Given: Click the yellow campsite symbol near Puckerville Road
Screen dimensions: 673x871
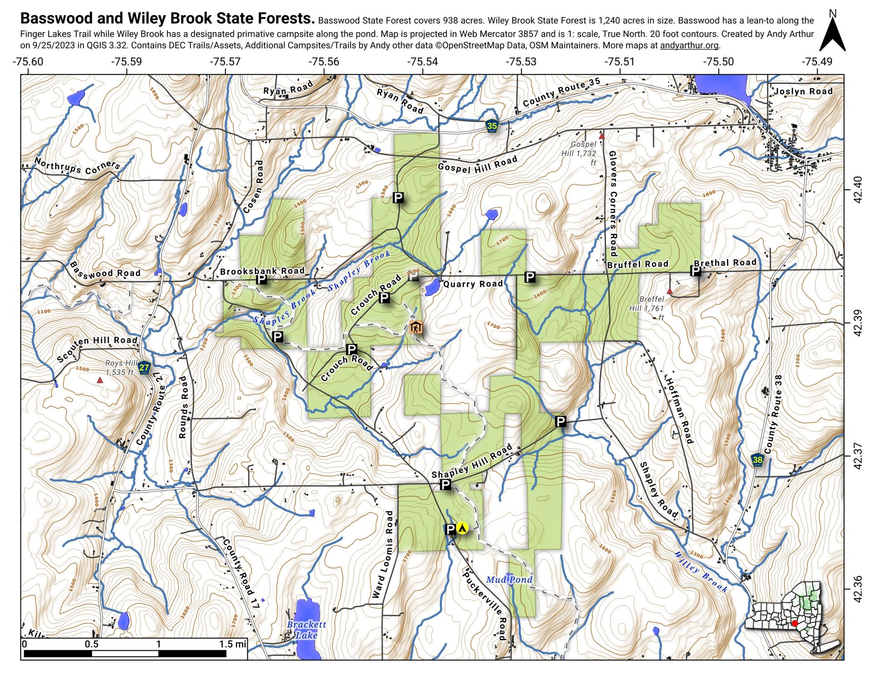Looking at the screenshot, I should [462, 528].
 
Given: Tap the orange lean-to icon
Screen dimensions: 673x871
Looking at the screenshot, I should [416, 327].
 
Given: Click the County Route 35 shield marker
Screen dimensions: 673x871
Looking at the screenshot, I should [492, 126].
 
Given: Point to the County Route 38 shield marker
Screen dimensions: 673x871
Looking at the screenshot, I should [757, 460].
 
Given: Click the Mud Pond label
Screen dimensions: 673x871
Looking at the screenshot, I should [509, 580].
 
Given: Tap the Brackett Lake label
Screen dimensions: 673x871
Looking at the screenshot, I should [306, 630].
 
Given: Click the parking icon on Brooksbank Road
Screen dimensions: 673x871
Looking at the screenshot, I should [261, 279].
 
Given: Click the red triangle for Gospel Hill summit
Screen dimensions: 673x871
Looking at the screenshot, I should [602, 136].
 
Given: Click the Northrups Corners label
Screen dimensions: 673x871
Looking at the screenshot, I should [77, 167].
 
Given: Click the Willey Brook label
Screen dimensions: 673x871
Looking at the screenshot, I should [701, 572].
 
